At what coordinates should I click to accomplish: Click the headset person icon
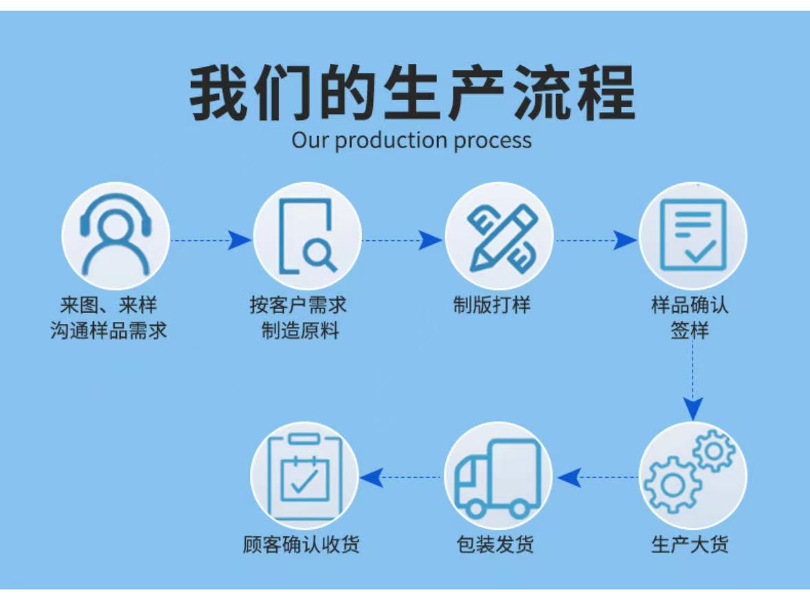coord(115,235)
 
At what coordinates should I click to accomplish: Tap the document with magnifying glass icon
coord(307,235)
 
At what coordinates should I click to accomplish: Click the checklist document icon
coord(693,235)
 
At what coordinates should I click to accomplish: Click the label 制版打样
coord(492,305)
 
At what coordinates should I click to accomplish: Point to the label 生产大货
coord(690,545)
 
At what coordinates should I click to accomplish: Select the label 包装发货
coord(495,545)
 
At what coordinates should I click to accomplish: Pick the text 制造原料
coord(300,331)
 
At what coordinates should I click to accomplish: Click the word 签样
coord(690,331)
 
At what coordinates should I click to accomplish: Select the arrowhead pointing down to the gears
coord(693,410)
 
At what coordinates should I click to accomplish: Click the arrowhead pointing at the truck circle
coord(569,477)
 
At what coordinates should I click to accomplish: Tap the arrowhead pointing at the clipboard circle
coord(372,477)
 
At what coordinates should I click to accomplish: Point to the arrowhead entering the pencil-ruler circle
coord(430,240)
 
